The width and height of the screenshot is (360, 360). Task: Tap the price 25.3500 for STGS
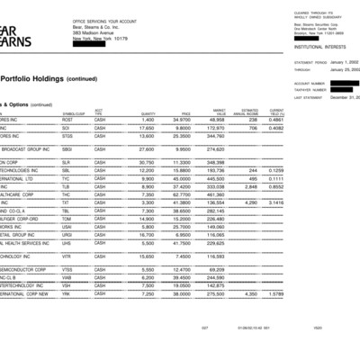183,136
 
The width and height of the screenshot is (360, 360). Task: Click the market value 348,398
214,162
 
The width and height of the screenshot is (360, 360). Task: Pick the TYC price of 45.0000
183,178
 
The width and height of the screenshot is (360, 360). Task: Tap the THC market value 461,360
214,194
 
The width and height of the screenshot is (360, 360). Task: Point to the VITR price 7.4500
183,256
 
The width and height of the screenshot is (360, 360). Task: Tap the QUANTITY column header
148,112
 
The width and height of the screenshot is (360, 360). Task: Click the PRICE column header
183,112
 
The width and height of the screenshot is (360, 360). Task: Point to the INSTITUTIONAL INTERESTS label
310,42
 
